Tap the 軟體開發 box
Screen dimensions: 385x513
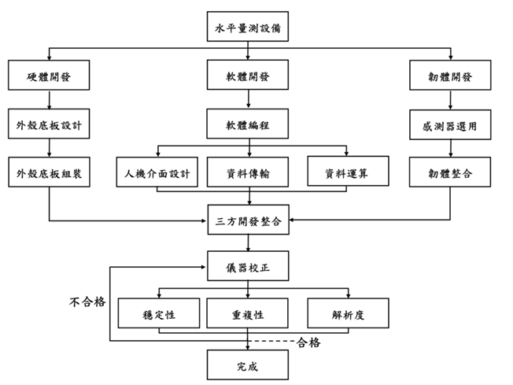click(248, 76)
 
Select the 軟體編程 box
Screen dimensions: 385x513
click(248, 124)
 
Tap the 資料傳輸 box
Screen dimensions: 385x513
click(248, 172)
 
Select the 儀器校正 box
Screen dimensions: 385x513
click(248, 266)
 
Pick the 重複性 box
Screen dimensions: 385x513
click(248, 313)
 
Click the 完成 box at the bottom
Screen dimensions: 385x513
click(248, 365)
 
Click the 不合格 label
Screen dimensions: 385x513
click(85, 301)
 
